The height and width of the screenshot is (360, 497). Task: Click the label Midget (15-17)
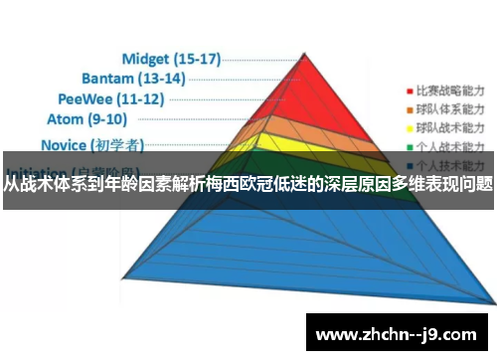click(171, 59)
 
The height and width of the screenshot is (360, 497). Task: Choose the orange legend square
click(408, 107)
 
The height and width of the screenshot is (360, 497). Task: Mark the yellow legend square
click(408, 128)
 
